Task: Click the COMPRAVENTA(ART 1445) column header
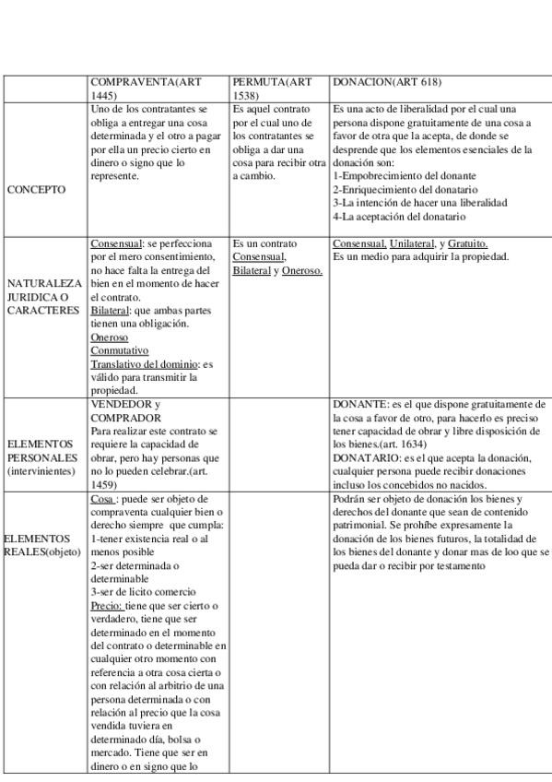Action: (x=147, y=89)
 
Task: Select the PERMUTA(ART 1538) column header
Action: (x=272, y=89)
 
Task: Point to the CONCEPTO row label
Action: (x=36, y=189)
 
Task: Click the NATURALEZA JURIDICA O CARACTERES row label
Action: (x=44, y=296)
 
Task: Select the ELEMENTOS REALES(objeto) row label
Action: (x=41, y=544)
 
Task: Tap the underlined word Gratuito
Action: (x=468, y=243)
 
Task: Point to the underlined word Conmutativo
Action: (x=119, y=350)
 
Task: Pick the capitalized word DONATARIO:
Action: (x=366, y=457)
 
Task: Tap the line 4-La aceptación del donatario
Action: (x=399, y=216)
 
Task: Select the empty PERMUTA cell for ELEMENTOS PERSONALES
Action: (x=278, y=444)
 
